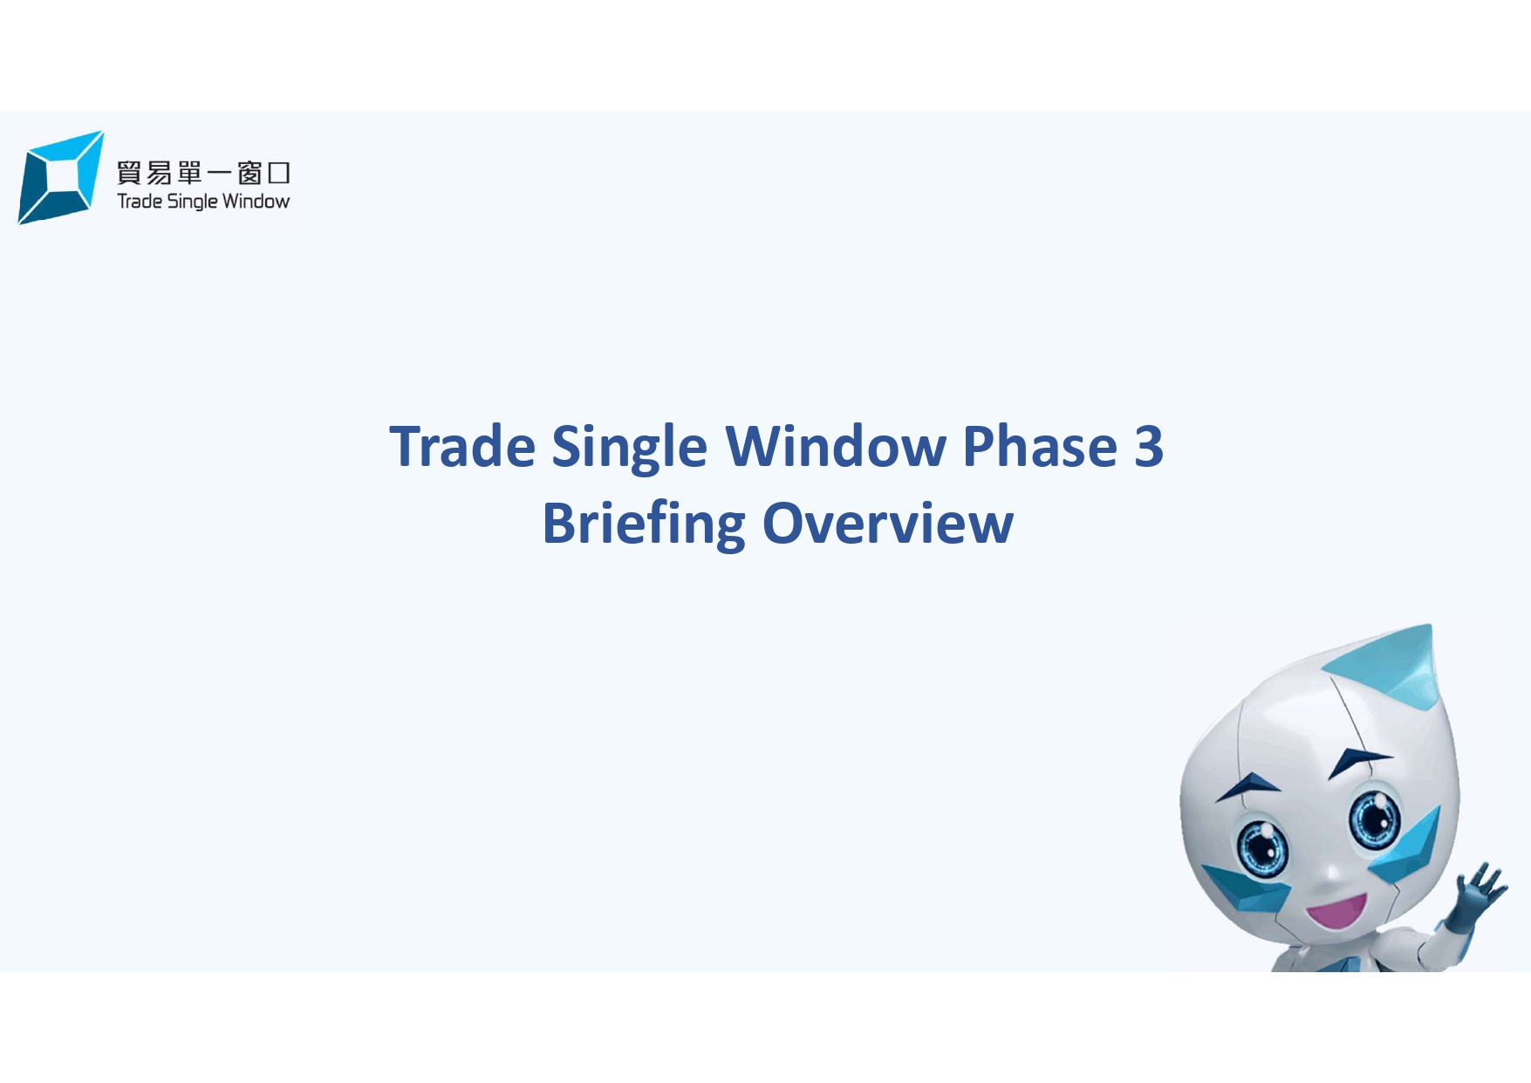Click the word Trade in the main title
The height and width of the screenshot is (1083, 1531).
tap(461, 447)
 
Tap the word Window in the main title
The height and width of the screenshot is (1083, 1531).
tap(835, 447)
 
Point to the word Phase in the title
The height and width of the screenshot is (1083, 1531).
tap(1039, 447)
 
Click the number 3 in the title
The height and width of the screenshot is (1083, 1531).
tap(1149, 447)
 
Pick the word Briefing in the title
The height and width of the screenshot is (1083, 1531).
tap(643, 525)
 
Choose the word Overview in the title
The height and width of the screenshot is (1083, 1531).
tap(887, 524)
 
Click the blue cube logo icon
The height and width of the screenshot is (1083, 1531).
tap(59, 177)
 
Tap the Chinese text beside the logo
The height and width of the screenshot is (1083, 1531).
tap(203, 173)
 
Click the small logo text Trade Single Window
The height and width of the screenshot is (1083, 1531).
tap(203, 202)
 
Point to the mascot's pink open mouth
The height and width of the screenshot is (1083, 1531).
tap(1335, 913)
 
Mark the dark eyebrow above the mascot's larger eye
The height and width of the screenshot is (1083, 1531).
tap(1357, 759)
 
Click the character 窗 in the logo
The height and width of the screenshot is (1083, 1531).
tap(249, 173)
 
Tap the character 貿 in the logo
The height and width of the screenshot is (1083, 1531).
tap(129, 173)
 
